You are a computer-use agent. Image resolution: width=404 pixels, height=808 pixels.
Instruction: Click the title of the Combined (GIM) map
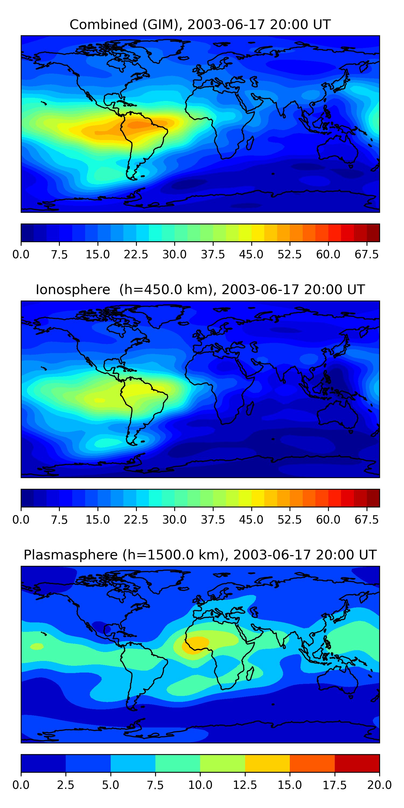200,25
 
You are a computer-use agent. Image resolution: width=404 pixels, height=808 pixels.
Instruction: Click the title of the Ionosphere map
200,290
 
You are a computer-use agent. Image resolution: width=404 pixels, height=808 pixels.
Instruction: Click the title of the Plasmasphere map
200,555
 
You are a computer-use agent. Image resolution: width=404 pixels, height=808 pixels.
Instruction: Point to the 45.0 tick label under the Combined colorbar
251,254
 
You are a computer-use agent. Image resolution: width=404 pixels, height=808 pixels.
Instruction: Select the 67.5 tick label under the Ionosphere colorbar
366,520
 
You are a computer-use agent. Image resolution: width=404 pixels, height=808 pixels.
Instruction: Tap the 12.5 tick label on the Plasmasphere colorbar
245,785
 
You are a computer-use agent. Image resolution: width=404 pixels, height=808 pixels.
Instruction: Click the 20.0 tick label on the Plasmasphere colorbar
379,785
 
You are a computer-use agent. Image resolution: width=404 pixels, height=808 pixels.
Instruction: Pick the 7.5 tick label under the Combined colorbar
59,254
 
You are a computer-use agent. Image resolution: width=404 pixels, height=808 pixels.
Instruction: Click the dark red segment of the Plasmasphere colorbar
357,763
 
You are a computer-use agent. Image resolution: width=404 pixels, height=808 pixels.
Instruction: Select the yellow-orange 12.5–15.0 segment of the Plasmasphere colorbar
267,763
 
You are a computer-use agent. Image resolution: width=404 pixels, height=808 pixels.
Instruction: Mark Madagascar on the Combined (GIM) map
250,143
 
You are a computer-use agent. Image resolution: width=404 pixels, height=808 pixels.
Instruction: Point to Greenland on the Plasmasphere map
166,580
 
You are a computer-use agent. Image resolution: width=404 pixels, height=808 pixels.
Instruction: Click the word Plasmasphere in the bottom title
71,555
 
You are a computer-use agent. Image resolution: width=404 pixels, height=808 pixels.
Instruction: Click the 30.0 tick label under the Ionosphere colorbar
175,520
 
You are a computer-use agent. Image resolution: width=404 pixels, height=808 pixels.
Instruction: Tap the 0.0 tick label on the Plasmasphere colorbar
21,785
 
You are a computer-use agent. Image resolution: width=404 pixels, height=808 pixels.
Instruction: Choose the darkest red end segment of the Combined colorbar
373,233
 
